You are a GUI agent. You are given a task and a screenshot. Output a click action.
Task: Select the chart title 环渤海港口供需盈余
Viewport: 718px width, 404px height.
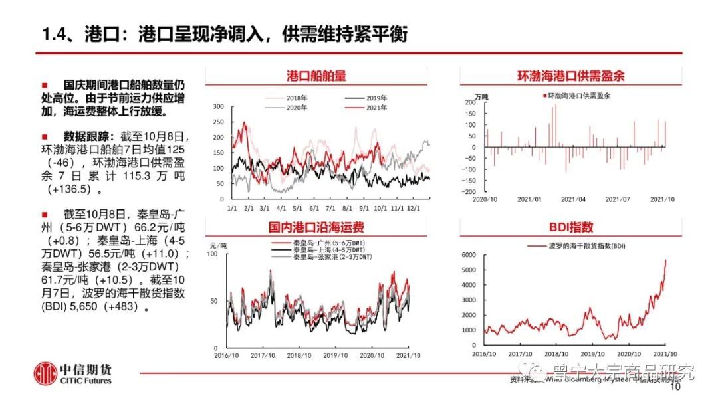tap(571, 76)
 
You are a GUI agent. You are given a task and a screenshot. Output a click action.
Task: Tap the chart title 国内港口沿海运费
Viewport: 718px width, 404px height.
tap(316, 227)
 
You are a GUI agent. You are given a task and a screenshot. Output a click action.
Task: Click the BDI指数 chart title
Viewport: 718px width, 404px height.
tap(571, 227)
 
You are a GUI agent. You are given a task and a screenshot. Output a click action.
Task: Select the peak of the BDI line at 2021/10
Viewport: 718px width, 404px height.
tap(666, 260)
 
